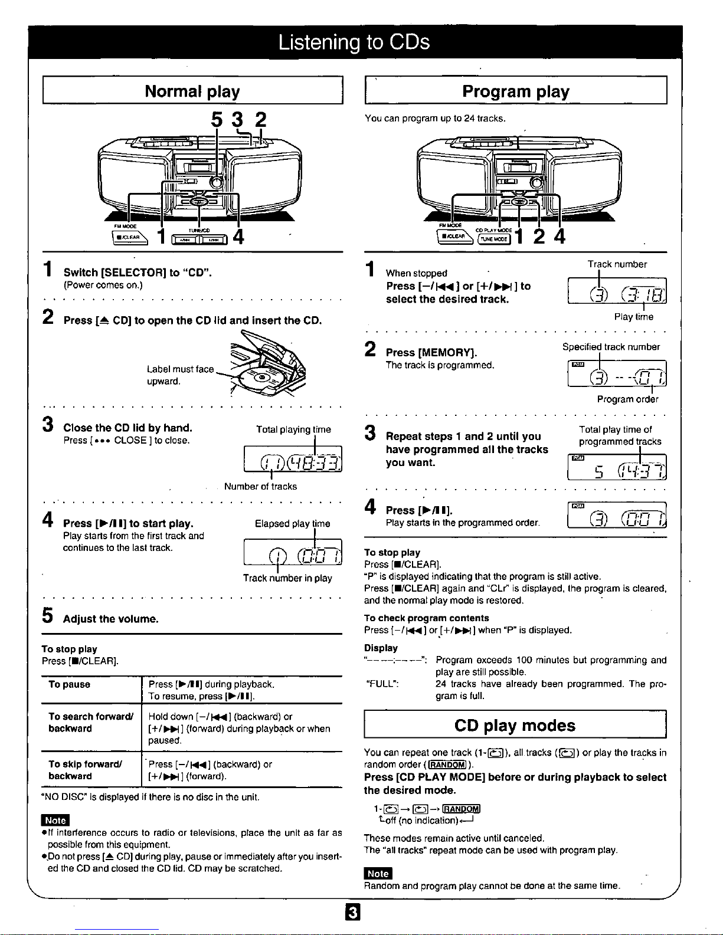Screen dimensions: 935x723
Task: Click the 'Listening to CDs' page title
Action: (354, 42)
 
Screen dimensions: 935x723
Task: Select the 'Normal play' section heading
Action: (192, 91)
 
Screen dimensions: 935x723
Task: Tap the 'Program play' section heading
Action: (515, 91)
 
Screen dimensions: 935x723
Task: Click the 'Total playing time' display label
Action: (293, 429)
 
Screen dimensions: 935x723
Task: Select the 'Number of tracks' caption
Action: (260, 487)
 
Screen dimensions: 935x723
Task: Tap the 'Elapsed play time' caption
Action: (292, 524)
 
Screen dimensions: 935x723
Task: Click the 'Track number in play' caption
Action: (287, 578)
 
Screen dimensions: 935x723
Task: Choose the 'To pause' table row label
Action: (70, 684)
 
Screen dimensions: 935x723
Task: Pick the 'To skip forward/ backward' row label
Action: (85, 770)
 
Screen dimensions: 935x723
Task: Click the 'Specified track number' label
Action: (611, 347)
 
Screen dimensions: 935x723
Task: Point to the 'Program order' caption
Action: (627, 399)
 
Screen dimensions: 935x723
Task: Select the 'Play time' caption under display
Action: (633, 317)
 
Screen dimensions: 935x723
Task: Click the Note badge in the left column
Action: (55, 820)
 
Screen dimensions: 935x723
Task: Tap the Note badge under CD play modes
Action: (378, 874)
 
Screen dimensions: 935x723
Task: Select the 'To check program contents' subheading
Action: (426, 618)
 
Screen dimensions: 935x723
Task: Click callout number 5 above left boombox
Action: (217, 120)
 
